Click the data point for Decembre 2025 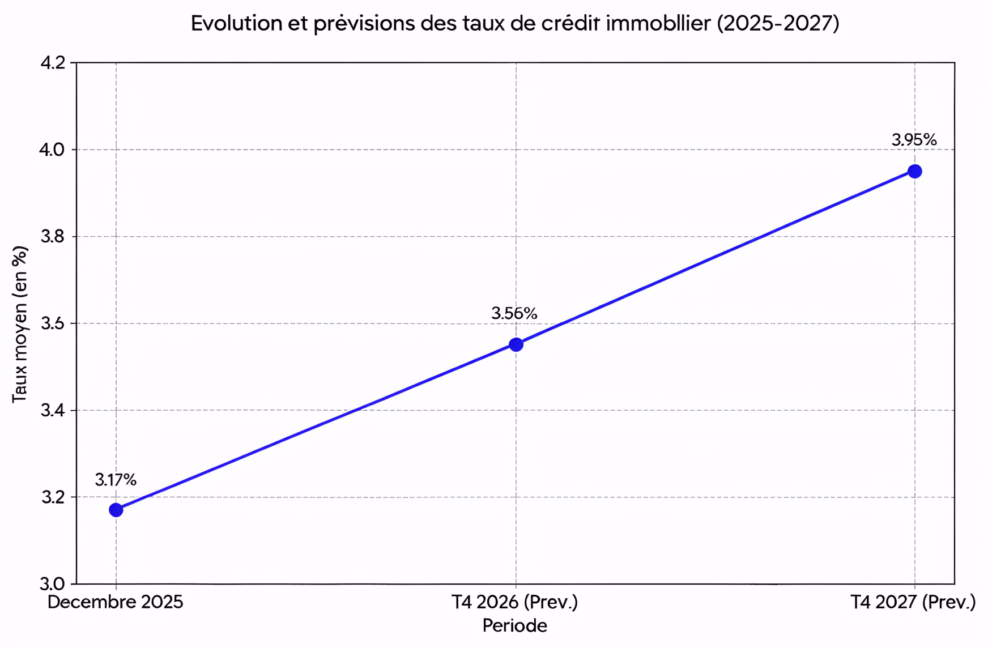pyautogui.click(x=116, y=510)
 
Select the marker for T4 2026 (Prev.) pyautogui.click(x=516, y=344)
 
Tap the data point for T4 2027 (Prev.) pyautogui.click(x=914, y=171)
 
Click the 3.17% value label pyautogui.click(x=116, y=480)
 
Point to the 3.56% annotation pyautogui.click(x=514, y=313)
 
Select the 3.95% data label pyautogui.click(x=914, y=139)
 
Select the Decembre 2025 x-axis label pyautogui.click(x=116, y=602)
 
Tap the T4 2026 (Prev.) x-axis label pyautogui.click(x=514, y=602)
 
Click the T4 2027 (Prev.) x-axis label pyautogui.click(x=913, y=602)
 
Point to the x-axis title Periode pyautogui.click(x=514, y=625)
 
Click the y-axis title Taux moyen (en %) pyautogui.click(x=20, y=324)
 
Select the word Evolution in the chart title pyautogui.click(x=236, y=23)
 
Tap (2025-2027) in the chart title pyautogui.click(x=778, y=23)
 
